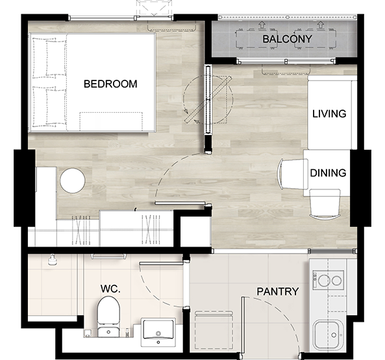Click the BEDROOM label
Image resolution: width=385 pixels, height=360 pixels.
[x=110, y=84]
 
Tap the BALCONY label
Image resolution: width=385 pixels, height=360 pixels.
[x=287, y=39]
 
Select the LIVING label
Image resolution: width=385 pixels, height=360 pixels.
[x=329, y=114]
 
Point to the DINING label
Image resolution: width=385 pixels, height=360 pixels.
[x=328, y=173]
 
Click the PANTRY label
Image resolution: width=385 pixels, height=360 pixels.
[x=278, y=292]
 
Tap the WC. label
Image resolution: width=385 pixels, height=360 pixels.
[x=110, y=289]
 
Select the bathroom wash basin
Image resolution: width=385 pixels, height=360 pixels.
[x=158, y=332]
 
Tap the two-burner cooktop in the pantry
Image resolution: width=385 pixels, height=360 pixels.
[x=328, y=280]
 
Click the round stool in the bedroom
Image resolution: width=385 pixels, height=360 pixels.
[x=73, y=181]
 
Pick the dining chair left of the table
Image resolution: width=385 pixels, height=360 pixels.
[x=293, y=174]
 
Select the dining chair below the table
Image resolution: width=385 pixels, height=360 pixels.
[x=325, y=204]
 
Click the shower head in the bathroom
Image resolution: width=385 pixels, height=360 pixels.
[x=52, y=260]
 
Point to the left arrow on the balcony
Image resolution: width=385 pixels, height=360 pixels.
[x=262, y=25]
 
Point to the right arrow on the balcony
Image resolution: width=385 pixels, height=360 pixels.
[x=320, y=25]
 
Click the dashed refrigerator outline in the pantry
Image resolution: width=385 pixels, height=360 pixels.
[x=214, y=330]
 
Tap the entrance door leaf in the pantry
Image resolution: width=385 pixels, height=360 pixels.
[x=243, y=325]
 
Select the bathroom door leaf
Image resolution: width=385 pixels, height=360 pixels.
[x=161, y=263]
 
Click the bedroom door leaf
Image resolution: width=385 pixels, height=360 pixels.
[x=180, y=203]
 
